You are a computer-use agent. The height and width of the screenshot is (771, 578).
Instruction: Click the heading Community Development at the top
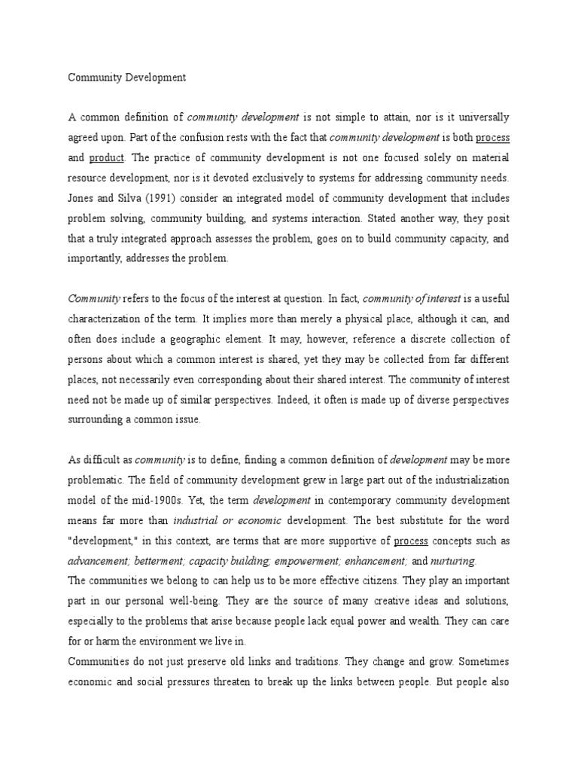point(126,78)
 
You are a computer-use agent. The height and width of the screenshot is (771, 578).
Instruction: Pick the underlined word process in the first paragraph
point(492,138)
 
